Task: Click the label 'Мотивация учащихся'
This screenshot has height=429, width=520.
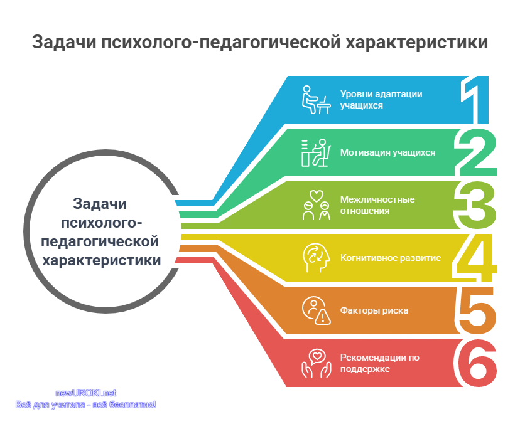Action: click(x=387, y=152)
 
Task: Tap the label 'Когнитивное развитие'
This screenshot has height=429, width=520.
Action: click(x=391, y=258)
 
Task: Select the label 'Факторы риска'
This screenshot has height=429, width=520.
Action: click(x=374, y=310)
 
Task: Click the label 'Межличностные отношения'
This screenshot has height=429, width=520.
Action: click(x=377, y=205)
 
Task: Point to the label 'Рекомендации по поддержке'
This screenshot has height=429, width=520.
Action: click(x=380, y=363)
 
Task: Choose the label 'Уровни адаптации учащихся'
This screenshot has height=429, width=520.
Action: click(x=381, y=100)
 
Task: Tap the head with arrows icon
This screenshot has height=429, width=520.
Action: click(x=317, y=258)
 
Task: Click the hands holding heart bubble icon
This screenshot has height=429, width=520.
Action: click(x=317, y=363)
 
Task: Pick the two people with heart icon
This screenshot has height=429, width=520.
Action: click(x=317, y=205)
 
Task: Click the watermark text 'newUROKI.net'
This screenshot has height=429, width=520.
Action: click(x=85, y=393)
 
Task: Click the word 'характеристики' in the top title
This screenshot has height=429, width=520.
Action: click(x=417, y=43)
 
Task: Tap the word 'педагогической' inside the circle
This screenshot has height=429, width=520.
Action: click(x=100, y=241)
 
